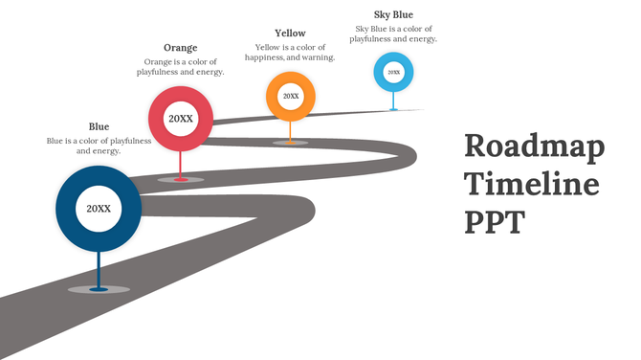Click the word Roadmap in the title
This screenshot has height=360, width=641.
(534, 148)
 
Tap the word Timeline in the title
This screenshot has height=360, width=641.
(532, 184)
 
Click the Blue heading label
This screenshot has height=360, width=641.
(99, 126)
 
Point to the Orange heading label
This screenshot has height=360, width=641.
(180, 48)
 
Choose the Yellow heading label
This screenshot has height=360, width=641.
(290, 34)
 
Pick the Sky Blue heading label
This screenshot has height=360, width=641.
(393, 14)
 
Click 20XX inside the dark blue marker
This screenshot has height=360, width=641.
(99, 208)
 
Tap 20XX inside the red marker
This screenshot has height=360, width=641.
(181, 119)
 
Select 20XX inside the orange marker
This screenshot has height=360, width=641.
(290, 96)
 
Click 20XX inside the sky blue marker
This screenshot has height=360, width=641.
(393, 72)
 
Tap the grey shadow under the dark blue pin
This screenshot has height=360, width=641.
(99, 289)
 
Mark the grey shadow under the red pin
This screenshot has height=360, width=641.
(181, 179)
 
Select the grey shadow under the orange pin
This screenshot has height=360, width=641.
(290, 143)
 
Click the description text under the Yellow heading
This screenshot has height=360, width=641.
(290, 52)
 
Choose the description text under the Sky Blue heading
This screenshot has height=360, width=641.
(393, 34)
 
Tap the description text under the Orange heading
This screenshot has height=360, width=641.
(180, 67)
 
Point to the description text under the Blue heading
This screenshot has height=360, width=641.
(99, 146)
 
